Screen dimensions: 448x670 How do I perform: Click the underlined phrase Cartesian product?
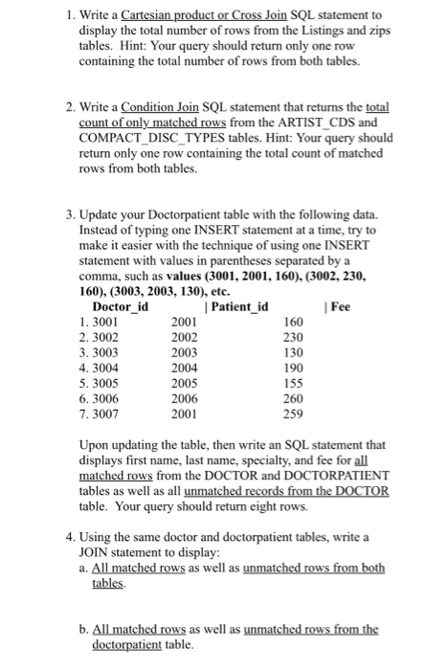[x=165, y=15]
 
